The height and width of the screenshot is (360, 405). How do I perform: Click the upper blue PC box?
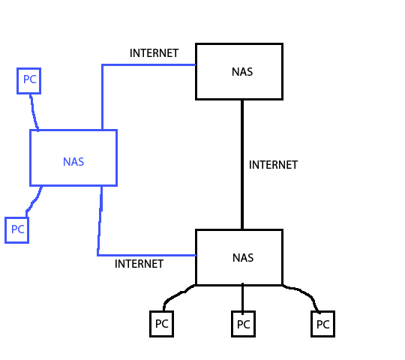pos(28,80)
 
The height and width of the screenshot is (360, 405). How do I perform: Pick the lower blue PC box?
pos(16,229)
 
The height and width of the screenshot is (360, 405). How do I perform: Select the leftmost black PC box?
pos(161,325)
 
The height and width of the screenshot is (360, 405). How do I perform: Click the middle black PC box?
pos(243,325)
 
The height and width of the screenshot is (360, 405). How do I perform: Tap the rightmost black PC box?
pos(322,325)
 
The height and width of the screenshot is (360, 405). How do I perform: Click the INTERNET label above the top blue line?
pos(154,53)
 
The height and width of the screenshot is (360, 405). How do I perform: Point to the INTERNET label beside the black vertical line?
pos(273,165)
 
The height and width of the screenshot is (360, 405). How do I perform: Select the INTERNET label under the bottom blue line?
pos(139,264)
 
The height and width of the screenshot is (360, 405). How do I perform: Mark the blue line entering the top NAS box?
pos(150,65)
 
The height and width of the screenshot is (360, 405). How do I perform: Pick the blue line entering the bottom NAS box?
pos(146,255)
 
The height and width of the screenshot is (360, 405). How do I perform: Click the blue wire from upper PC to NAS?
pos(34,112)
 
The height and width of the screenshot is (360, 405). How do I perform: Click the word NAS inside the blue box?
pos(73,161)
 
